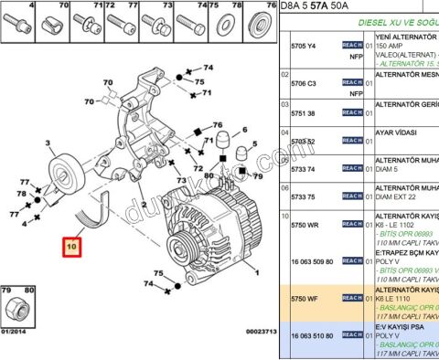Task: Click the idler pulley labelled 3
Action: (66, 170)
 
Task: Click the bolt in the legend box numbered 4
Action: (19, 23)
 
